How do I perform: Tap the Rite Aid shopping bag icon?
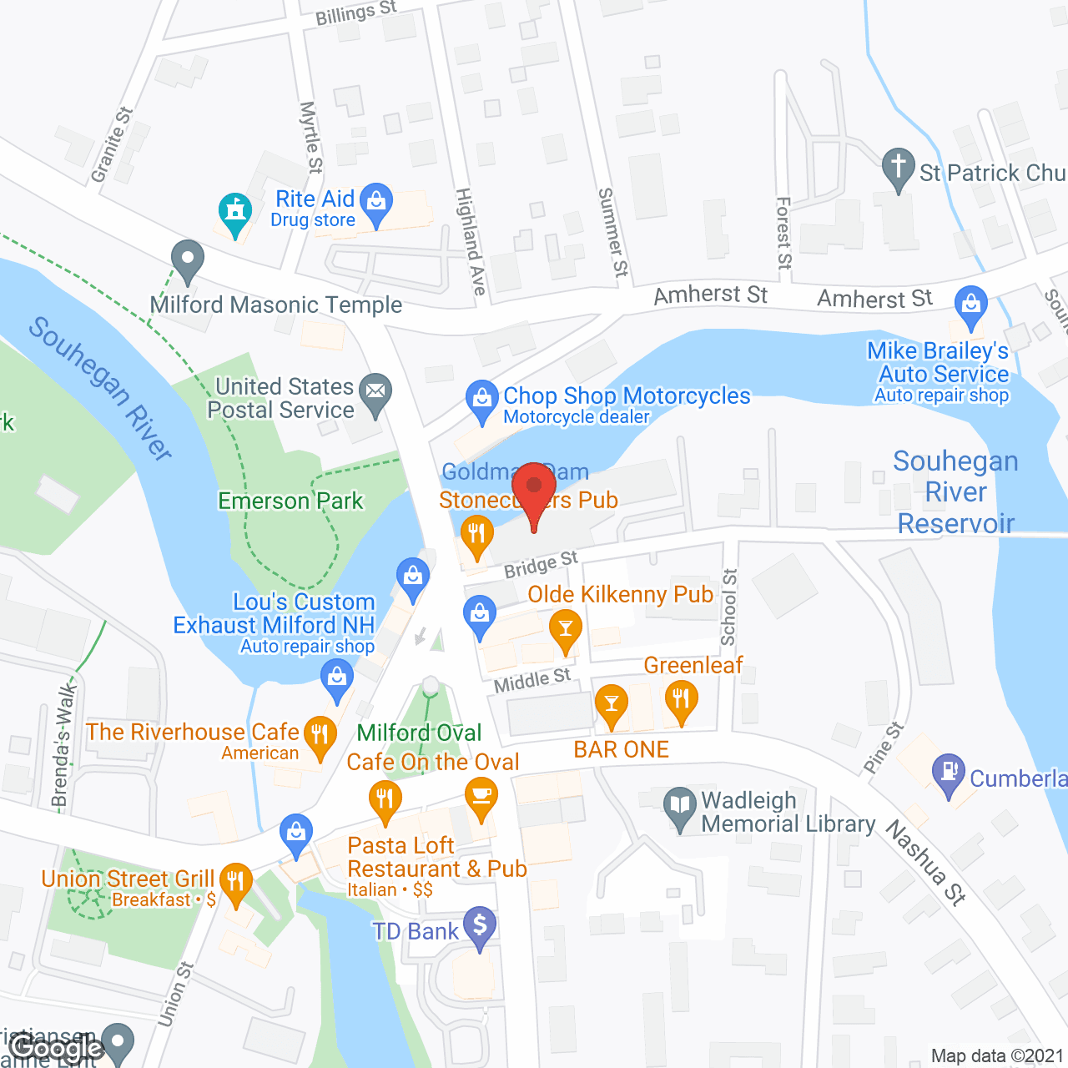377,202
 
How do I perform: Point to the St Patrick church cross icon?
898,167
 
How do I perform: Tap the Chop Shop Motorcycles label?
626,395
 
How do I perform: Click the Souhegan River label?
100,388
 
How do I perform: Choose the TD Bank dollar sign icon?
480,926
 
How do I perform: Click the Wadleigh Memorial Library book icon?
681,806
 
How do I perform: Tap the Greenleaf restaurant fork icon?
681,699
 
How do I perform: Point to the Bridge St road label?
541,565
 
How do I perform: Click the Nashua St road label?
925,863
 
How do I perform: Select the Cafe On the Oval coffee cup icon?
481,795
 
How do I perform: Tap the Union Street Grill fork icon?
236,882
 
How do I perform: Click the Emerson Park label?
290,501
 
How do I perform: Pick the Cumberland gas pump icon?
949,772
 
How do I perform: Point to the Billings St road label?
355,14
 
